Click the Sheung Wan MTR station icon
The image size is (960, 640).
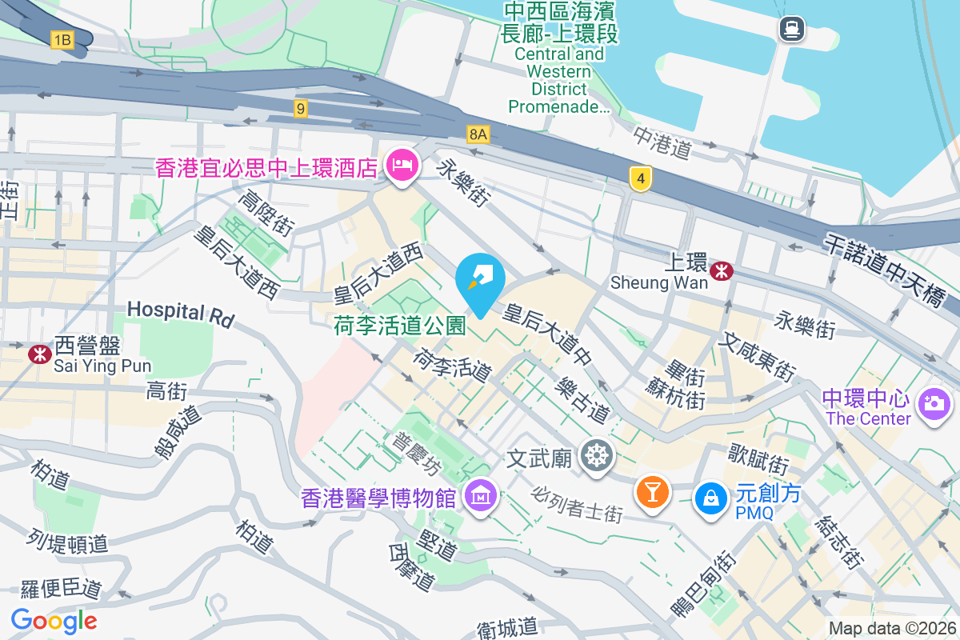[x=722, y=270]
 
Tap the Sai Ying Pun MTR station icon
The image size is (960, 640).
[x=38, y=353]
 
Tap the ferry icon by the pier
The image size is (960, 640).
[x=791, y=30]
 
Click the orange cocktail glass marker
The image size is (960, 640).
[x=652, y=491]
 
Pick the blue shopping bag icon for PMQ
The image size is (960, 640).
[x=710, y=498]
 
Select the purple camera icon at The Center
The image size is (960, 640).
[x=932, y=402]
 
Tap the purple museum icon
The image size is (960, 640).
[x=483, y=497]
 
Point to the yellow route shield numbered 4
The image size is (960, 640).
[x=638, y=178]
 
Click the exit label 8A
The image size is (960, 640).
[x=478, y=134]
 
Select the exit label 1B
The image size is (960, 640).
[x=62, y=38]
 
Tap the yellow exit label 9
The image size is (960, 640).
[x=301, y=109]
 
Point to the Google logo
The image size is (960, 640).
[x=54, y=620]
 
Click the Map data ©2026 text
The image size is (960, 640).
[x=892, y=628]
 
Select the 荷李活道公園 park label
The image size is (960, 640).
[x=399, y=325]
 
